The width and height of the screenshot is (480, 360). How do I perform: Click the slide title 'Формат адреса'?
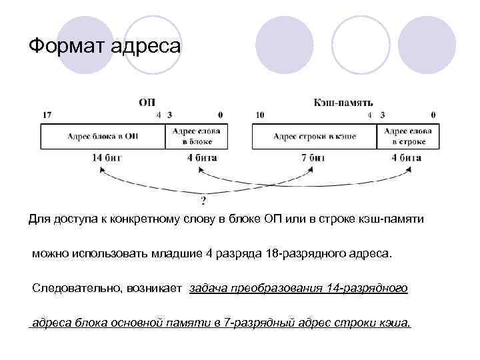tap(105, 46)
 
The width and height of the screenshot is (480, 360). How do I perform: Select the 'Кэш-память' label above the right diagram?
tap(343, 103)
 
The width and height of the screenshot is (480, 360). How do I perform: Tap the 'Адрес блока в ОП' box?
tap(103, 136)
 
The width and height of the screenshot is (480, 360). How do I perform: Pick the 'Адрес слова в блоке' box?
tap(197, 136)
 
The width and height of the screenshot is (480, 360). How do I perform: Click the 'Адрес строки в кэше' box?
tap(315, 136)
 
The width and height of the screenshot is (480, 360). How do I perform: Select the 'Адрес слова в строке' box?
tap(407, 136)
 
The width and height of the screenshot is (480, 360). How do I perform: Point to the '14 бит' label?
tap(109, 158)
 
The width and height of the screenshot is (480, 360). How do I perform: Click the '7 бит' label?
tap(313, 158)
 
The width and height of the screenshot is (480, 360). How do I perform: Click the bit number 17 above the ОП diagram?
tap(47, 115)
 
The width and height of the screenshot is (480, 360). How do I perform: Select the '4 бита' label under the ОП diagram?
tap(202, 158)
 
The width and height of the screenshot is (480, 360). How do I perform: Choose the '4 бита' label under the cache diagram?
tap(405, 158)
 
